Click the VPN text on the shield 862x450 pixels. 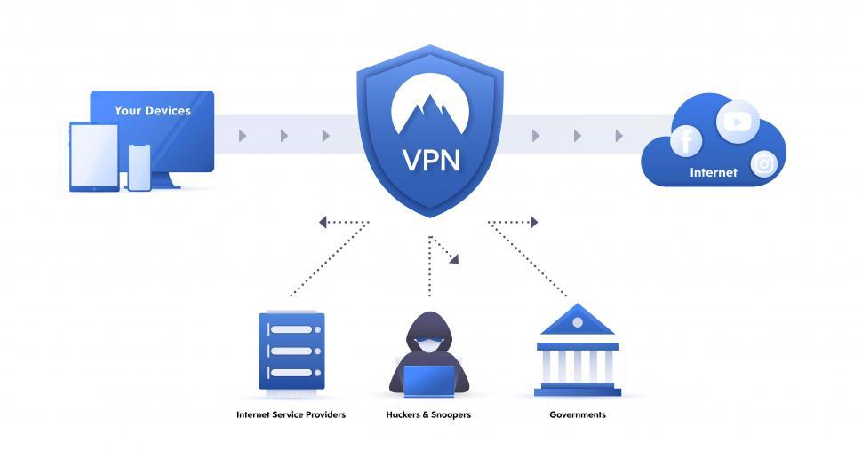tap(431, 161)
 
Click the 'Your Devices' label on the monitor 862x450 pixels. tap(152, 111)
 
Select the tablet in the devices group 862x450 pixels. tap(93, 157)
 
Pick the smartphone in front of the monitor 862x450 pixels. tap(140, 167)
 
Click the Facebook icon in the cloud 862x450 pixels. tap(685, 140)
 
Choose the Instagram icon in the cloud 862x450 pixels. tap(763, 164)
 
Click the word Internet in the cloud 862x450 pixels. tap(714, 173)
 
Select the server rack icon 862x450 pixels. tap(291, 351)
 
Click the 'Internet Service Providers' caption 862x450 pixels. tap(291, 414)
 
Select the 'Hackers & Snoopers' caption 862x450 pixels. tap(428, 414)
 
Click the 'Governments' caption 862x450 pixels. tap(578, 414)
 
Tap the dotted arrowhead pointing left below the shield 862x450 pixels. tap(323, 222)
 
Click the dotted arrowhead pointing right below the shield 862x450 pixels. tap(533, 222)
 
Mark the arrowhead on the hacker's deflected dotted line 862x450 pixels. tap(454, 259)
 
